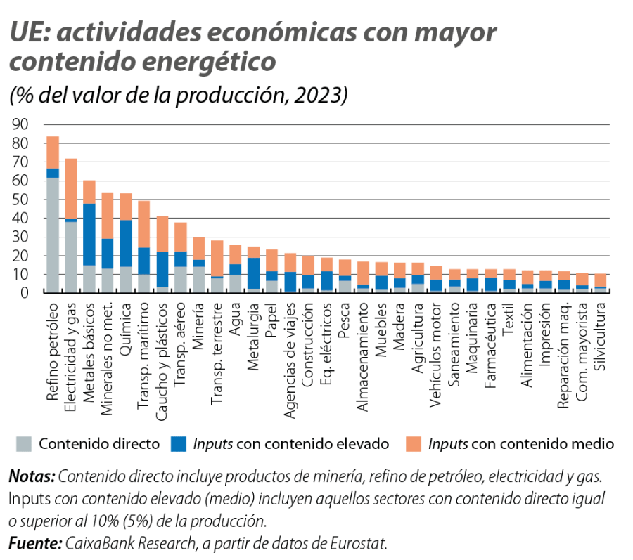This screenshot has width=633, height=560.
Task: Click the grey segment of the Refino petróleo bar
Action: pyautogui.click(x=53, y=235)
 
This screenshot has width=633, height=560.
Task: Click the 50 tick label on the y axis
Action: pyautogui.click(x=22, y=200)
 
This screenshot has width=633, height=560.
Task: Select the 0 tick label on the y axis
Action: pyautogui.click(x=27, y=293)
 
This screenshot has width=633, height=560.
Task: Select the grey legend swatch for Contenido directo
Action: pyautogui.click(x=24, y=443)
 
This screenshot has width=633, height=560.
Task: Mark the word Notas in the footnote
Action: pyautogui.click(x=32, y=478)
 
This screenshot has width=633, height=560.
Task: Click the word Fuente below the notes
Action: pyautogui.click(x=34, y=544)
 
